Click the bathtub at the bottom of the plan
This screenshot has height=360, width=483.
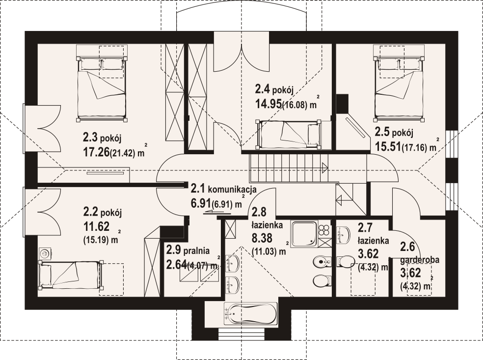pyautogui.click(x=251, y=315)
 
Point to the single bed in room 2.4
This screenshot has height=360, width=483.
pyautogui.click(x=289, y=133)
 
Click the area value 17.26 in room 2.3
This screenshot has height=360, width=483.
pyautogui.click(x=96, y=152)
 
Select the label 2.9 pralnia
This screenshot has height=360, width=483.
pyautogui.click(x=188, y=250)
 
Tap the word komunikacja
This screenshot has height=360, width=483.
pyautogui.click(x=232, y=189)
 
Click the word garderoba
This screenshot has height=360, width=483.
pyautogui.click(x=420, y=260)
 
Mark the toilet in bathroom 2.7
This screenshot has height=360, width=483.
pyautogui.click(x=345, y=262)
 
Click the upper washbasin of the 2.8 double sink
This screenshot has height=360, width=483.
pyautogui.click(x=233, y=263)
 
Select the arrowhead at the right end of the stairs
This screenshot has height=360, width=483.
pyautogui.click(x=324, y=168)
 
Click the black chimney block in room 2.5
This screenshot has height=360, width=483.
pyautogui.click(x=342, y=104)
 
